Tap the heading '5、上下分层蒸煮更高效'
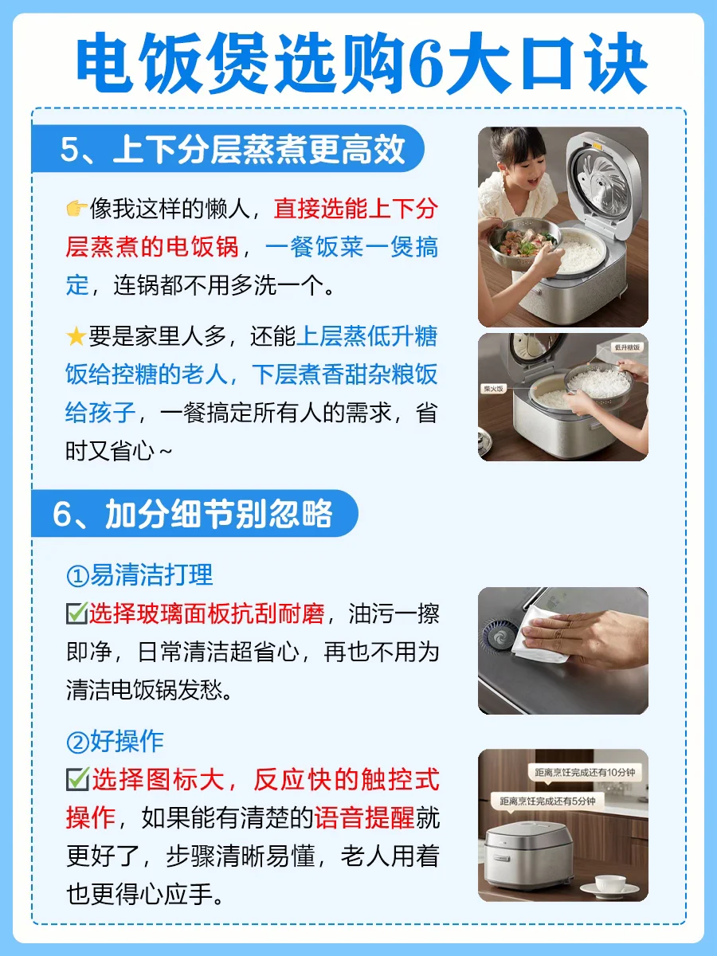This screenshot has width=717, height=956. pos(233,150)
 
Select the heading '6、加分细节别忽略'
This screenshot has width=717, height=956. pos(193,514)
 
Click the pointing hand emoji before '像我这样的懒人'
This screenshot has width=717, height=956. pos(76,209)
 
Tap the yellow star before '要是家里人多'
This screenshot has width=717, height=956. pos(76,336)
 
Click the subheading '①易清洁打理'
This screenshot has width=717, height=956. pos(139,575)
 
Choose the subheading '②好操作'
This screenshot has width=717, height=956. pos(115,741)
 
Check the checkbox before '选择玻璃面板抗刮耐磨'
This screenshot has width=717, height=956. pos(77,613)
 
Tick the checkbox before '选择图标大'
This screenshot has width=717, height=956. pos(78,780)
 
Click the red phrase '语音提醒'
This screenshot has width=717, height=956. pos(364,817)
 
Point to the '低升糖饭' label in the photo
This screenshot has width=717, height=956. pos(627,347)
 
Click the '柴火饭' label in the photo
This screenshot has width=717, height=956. pos(493,389)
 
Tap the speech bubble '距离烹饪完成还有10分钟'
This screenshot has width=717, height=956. pos(585,773)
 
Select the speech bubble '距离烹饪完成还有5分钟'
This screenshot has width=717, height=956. pos(547,801)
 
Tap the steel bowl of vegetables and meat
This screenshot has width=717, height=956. pos(523,243)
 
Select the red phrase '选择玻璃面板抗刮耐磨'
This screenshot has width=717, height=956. pos(207,613)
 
